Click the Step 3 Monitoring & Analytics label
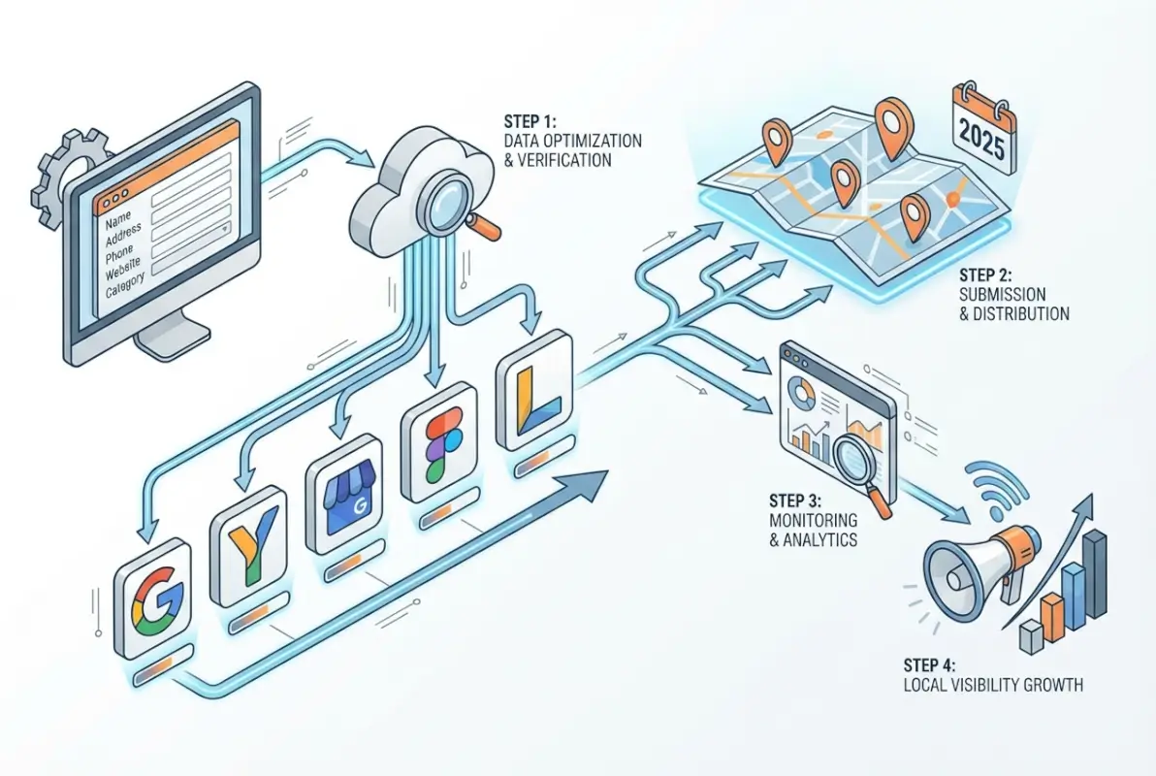(x=813, y=520)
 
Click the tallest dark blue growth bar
(x=1096, y=572)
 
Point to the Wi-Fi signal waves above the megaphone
(x=988, y=485)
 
